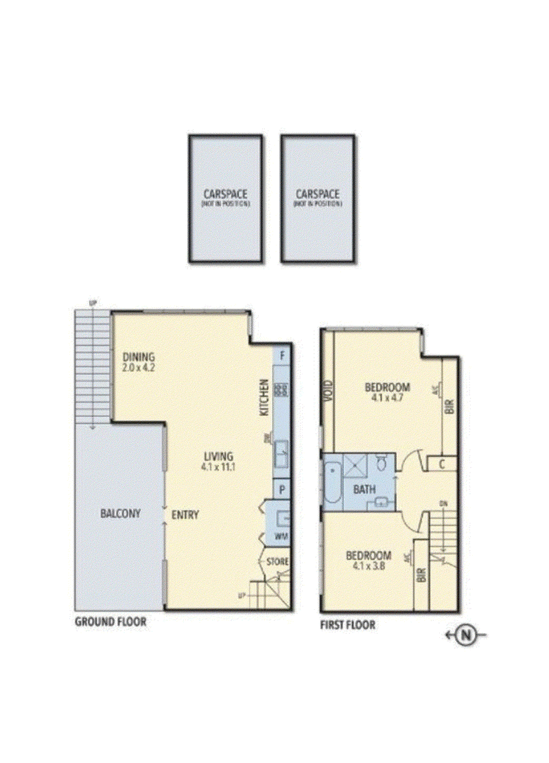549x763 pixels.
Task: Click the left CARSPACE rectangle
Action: [225, 198]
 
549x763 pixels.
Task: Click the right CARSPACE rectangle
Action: [317, 198]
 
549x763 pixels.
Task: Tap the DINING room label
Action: [140, 362]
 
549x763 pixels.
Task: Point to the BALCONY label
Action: [120, 514]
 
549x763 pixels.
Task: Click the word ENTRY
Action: [185, 514]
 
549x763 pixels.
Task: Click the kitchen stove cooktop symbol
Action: [281, 390]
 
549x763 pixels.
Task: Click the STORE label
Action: [277, 562]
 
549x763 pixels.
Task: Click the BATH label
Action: [363, 490]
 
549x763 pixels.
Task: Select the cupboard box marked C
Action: [442, 464]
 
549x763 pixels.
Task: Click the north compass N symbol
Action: [466, 635]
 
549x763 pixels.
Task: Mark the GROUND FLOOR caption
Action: [110, 622]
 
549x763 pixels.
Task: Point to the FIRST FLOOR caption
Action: [347, 626]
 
